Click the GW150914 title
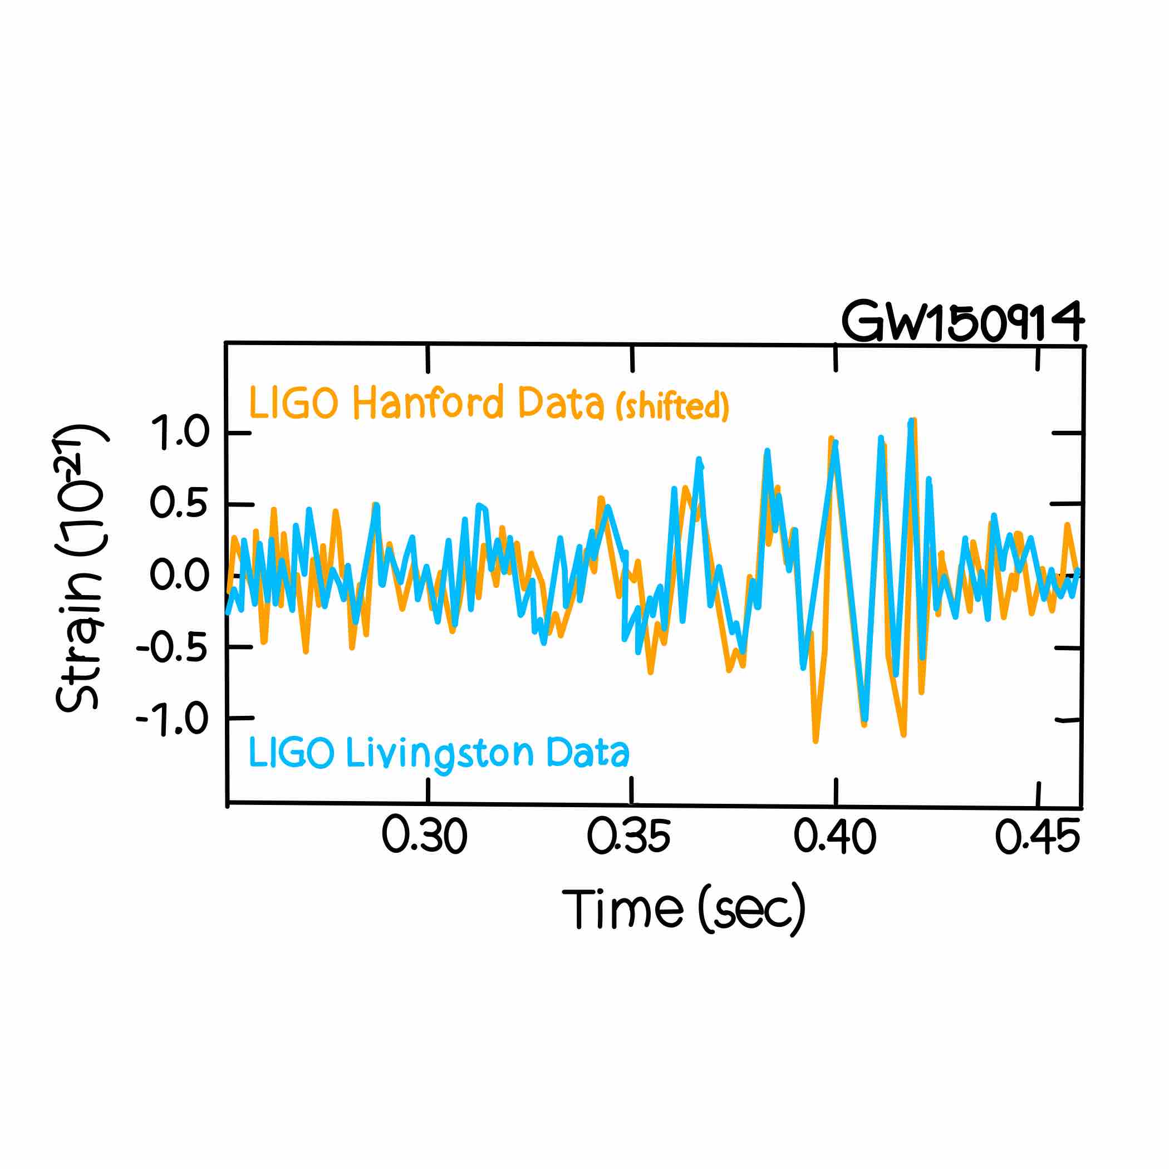click(x=962, y=321)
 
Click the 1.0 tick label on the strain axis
click(x=180, y=433)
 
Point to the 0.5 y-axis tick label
click(x=180, y=503)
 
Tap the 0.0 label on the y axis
click(x=180, y=574)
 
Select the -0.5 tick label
click(x=173, y=648)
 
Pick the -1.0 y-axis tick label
click(x=173, y=719)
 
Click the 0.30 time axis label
click(x=425, y=836)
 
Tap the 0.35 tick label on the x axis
click(x=629, y=836)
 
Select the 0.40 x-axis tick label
click(x=835, y=836)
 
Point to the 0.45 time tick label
click(x=1037, y=836)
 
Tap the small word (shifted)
click(x=672, y=406)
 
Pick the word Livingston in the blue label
click(x=440, y=753)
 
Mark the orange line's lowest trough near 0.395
click(x=816, y=740)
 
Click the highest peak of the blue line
click(x=911, y=421)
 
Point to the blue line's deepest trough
click(x=865, y=719)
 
